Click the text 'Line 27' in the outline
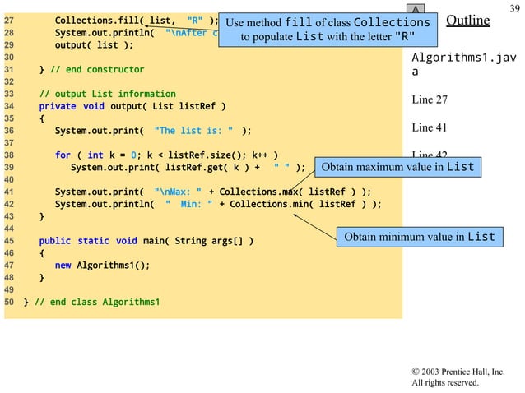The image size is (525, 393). tap(430, 100)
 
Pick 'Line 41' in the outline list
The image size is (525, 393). tap(430, 127)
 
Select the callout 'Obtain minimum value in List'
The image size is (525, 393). tap(419, 237)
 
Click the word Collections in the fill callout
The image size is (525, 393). tap(391, 22)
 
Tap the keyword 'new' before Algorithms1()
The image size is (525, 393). tap(63, 265)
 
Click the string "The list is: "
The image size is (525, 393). tap(193, 130)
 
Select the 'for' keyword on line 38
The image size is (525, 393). tap(63, 155)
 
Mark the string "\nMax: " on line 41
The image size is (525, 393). tap(176, 193)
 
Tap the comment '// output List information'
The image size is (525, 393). tap(107, 95)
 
